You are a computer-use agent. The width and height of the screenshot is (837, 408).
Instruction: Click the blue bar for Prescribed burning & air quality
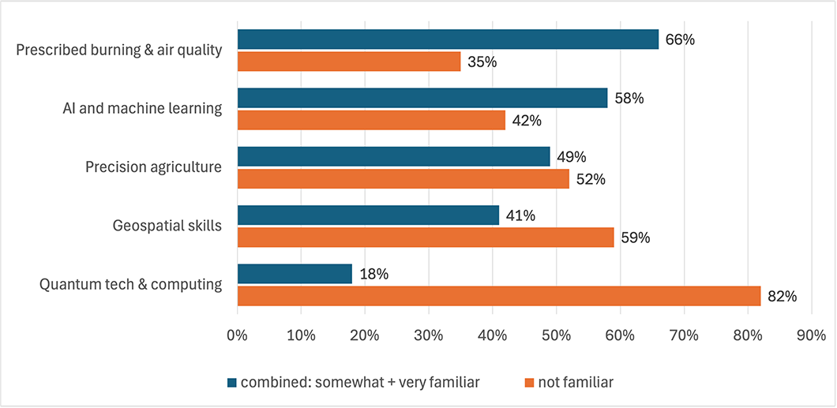coord(448,39)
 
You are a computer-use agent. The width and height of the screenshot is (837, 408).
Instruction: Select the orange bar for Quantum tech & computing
coord(498,296)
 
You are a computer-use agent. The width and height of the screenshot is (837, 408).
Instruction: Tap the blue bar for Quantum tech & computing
coord(295,274)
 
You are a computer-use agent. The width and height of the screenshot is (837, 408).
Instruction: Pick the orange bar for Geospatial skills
coord(426,237)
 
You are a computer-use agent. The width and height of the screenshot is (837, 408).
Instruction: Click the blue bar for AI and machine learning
coord(422,98)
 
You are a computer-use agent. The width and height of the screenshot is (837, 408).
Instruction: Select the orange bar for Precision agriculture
coord(403,178)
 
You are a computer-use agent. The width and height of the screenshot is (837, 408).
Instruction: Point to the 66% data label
coord(679,39)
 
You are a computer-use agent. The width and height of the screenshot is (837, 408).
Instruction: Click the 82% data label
coord(781,297)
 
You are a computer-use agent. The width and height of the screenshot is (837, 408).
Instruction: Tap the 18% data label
coord(373,274)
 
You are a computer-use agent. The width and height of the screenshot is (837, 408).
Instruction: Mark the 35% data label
coord(481,62)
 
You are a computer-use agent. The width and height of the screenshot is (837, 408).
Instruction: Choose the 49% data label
coord(570,156)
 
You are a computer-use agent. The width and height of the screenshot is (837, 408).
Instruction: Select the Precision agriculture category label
coord(154,167)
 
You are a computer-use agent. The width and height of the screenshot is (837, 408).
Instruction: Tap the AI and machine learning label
coord(142,108)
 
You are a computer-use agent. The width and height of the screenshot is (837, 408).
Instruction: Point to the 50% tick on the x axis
coord(556,335)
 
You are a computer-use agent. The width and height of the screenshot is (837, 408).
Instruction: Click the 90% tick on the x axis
coord(811,335)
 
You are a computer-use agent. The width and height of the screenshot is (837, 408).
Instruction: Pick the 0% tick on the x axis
coord(237,335)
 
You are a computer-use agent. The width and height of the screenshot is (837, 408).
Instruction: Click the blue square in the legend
coord(231,383)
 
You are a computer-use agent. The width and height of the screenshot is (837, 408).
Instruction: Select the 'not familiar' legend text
coord(576,383)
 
